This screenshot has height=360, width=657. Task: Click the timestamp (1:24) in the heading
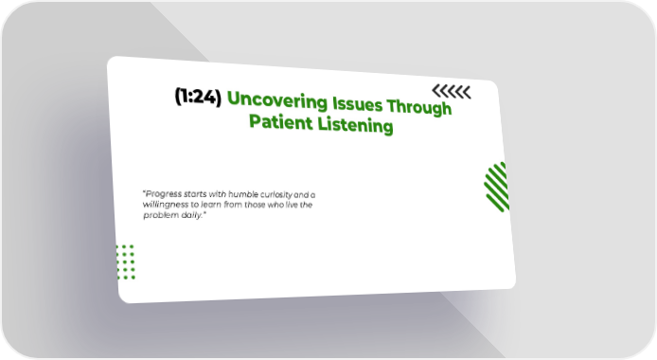tap(198, 97)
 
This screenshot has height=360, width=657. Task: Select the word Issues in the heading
tap(358, 104)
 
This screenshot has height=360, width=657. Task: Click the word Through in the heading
tap(419, 107)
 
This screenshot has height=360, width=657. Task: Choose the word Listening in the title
tap(355, 125)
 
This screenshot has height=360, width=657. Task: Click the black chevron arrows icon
tap(452, 91)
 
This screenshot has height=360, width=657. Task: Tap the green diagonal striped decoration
tap(497, 187)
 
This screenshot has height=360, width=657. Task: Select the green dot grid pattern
tap(126, 262)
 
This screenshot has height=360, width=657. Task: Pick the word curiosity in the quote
tap(276, 195)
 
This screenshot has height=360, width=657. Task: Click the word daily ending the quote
tap(192, 215)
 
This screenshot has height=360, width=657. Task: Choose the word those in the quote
tap(255, 205)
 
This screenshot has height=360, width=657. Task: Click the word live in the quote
tap(292, 205)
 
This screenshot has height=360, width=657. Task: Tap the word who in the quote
tap(275, 205)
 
